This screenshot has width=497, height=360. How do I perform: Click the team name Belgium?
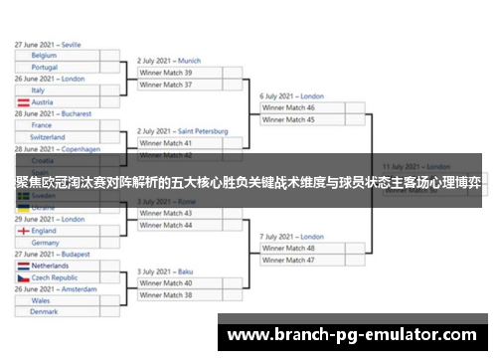pyautogui.click(x=44, y=56)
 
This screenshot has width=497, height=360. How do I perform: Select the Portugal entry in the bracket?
pyautogui.click(x=45, y=68)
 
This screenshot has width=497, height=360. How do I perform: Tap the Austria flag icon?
pyautogui.click(x=22, y=102)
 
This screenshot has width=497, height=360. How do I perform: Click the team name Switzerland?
pyautogui.click(x=48, y=137)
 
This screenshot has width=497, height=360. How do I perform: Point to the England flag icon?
pyautogui.click(x=22, y=231)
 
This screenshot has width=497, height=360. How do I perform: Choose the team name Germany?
pyautogui.click(x=46, y=243)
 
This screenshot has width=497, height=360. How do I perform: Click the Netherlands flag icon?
pyautogui.click(x=22, y=266)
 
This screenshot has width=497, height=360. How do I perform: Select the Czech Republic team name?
pyautogui.click(x=55, y=277)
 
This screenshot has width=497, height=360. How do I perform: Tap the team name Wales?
pyautogui.click(x=41, y=299)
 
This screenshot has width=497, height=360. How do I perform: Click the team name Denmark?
pyautogui.click(x=44, y=311)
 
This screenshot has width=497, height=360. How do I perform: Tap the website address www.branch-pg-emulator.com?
pyautogui.click(x=352, y=335)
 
